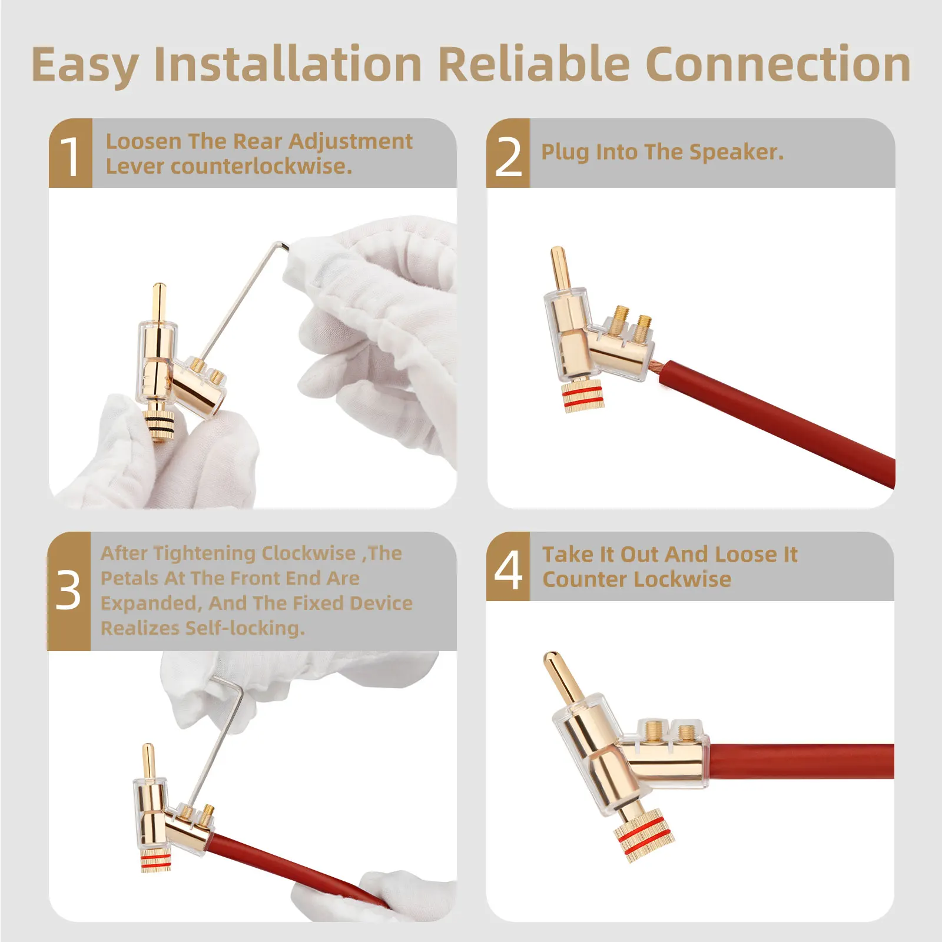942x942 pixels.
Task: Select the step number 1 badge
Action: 71,153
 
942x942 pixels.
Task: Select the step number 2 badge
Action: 508,153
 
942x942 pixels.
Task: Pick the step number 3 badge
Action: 69,591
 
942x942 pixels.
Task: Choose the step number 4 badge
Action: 508,566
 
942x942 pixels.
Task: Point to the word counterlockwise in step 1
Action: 261,167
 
